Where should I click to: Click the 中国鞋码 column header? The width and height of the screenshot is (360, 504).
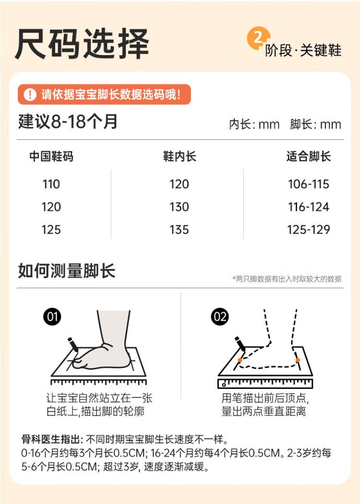pyautogui.click(x=51, y=156)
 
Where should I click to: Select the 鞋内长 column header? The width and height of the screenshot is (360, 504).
pyautogui.click(x=180, y=156)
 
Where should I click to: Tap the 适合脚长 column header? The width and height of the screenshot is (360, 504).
pyautogui.click(x=309, y=156)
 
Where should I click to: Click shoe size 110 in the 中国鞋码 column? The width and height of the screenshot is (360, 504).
pyautogui.click(x=51, y=184)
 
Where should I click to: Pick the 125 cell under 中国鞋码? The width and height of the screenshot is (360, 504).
pyautogui.click(x=51, y=230)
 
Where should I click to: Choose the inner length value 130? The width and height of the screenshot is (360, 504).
pyautogui.click(x=179, y=207)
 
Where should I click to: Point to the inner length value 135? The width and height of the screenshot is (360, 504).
pyautogui.click(x=179, y=230)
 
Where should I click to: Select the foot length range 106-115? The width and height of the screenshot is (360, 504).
pyautogui.click(x=309, y=184)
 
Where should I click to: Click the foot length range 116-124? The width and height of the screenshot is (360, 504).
pyautogui.click(x=309, y=207)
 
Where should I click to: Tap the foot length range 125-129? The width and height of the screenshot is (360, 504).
pyautogui.click(x=309, y=230)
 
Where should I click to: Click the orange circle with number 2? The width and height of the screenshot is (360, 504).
pyautogui.click(x=258, y=38)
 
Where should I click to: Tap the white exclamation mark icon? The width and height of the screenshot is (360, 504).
pyautogui.click(x=30, y=94)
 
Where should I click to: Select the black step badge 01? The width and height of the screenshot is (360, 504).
pyautogui.click(x=52, y=316)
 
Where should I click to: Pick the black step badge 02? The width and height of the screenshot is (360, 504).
pyautogui.click(x=220, y=316)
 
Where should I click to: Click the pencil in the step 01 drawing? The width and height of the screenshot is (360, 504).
pyautogui.click(x=73, y=345)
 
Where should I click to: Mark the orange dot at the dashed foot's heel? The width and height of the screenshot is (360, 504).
pyautogui.click(x=298, y=360)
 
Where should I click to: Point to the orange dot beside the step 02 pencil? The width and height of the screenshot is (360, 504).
pyautogui.click(x=240, y=360)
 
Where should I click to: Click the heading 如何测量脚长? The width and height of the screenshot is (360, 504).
pyautogui.click(x=67, y=270)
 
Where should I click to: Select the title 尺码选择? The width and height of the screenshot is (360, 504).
pyautogui.click(x=82, y=44)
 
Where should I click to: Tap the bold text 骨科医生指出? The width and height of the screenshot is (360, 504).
pyautogui.click(x=50, y=439)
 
